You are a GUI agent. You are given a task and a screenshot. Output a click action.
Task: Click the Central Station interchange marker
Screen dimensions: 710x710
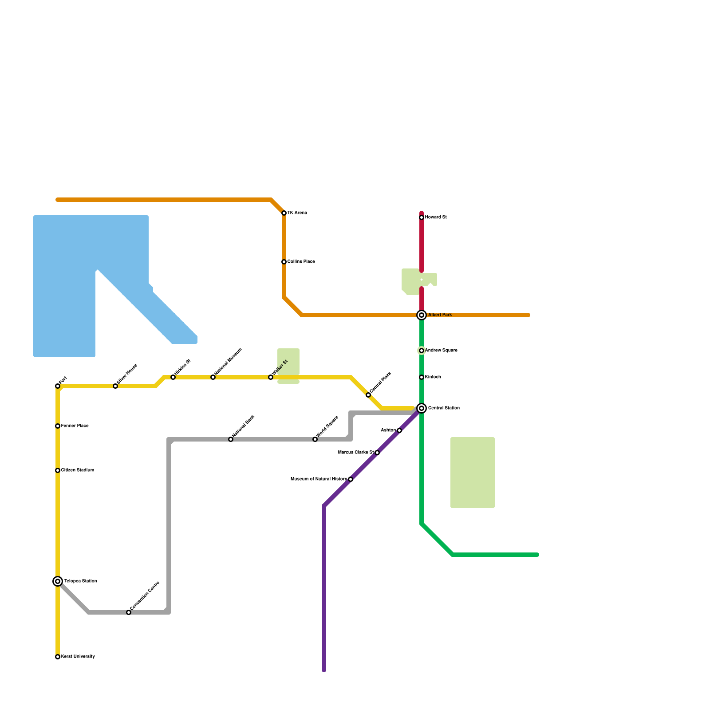click(422, 408)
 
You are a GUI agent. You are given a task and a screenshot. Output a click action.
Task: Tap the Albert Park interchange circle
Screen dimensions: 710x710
click(422, 315)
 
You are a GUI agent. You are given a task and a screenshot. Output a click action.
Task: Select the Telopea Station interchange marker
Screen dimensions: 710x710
click(58, 581)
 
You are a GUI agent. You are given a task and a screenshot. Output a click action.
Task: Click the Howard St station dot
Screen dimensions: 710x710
click(422, 217)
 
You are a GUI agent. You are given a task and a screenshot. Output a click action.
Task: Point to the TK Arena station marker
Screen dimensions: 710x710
click(284, 213)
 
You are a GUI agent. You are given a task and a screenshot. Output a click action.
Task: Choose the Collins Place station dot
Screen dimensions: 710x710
click(284, 262)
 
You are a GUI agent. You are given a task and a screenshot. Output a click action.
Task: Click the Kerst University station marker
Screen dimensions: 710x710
click(58, 657)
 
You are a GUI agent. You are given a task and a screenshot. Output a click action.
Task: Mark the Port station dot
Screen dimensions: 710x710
click(58, 386)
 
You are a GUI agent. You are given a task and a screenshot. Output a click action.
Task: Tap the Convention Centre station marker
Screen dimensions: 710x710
click(129, 612)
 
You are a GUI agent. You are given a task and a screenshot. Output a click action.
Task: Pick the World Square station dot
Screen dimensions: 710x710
click(315, 439)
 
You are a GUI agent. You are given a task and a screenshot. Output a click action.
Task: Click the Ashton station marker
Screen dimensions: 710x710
click(399, 430)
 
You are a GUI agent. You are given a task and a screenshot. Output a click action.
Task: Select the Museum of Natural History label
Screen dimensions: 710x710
click(319, 479)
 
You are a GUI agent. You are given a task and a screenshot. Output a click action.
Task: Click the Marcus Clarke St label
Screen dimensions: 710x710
click(356, 453)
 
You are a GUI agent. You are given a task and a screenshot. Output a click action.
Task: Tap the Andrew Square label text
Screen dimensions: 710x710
click(441, 351)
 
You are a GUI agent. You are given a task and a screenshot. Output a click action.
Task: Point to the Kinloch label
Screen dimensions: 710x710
click(433, 377)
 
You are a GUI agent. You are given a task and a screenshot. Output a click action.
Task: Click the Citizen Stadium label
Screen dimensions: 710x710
click(77, 470)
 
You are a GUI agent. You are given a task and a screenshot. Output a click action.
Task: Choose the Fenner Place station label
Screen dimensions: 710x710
click(75, 426)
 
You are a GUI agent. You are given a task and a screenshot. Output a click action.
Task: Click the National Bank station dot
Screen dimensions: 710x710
click(231, 439)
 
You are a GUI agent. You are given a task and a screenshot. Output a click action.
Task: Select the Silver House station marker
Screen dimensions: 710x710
click(115, 386)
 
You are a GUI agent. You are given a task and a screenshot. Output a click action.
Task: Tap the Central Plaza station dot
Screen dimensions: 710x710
click(368, 395)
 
